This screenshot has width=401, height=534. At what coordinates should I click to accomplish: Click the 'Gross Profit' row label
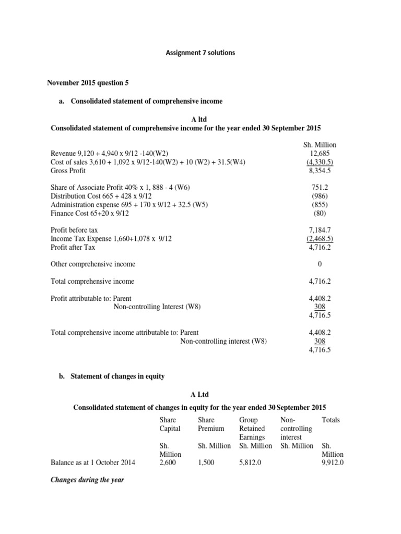[x=68, y=171]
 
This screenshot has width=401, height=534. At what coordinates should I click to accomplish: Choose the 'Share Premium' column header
[x=211, y=424]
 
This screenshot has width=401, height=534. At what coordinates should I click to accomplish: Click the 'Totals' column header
[x=331, y=419]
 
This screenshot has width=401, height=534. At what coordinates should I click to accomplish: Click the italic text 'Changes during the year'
[x=87, y=480]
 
